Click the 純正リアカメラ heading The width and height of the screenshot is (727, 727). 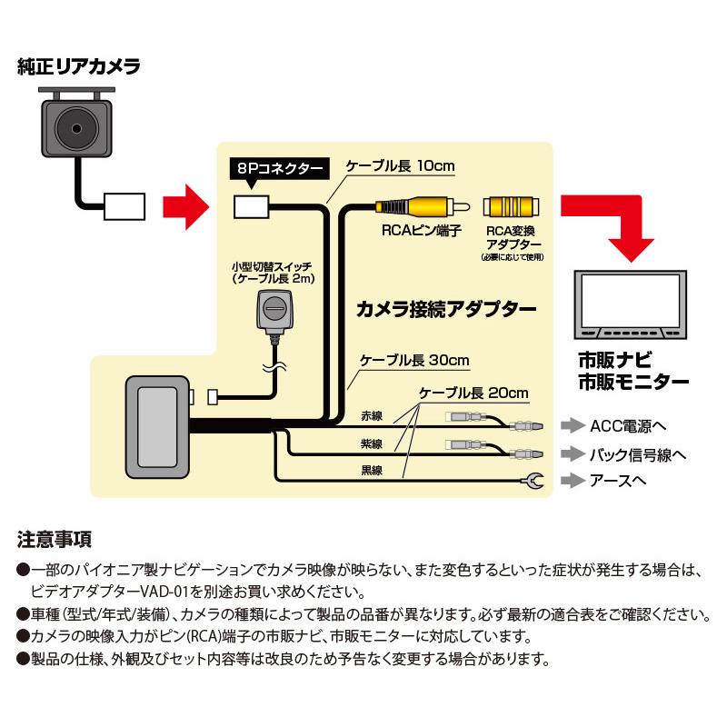point(78,66)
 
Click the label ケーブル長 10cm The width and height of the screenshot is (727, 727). point(399,167)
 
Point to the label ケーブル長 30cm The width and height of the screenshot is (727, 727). point(414,360)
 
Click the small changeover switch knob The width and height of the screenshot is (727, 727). point(273,309)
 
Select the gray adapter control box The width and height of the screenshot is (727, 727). point(156,423)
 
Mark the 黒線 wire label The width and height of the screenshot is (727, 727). point(371,471)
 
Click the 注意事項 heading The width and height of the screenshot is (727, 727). point(55,540)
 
